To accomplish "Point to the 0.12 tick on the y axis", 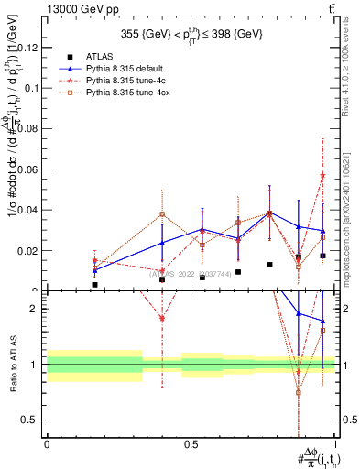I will [x=30, y=48].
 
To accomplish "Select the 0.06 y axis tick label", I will [x=30, y=169].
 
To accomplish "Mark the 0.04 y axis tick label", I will [x=30, y=210].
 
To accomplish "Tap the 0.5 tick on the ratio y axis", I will [x=34, y=420].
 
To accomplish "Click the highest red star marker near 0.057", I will [x=322, y=175].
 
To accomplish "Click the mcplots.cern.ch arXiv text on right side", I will [x=351, y=211].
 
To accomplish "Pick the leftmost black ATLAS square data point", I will [x=94, y=285].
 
